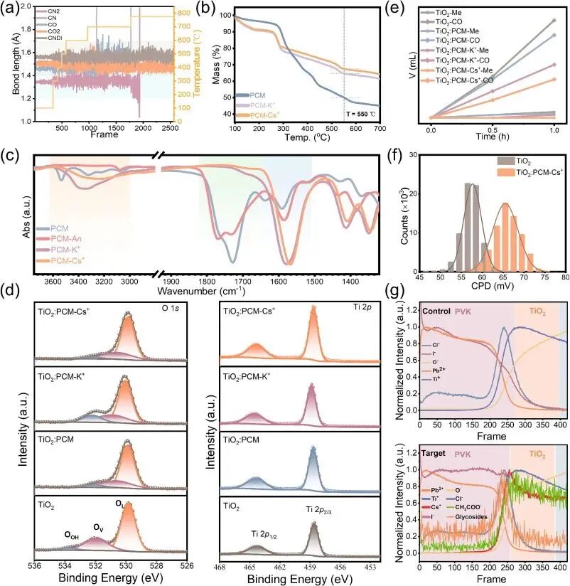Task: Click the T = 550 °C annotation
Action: pyautogui.click(x=358, y=114)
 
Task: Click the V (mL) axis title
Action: pyautogui.click(x=414, y=65)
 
